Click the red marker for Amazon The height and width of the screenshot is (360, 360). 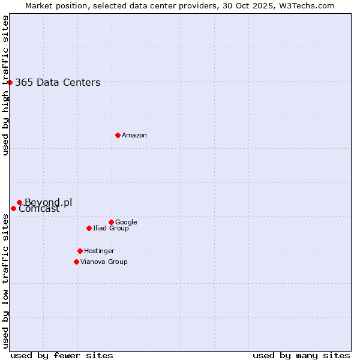click(x=118, y=135)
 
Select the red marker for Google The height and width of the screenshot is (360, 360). click(x=111, y=222)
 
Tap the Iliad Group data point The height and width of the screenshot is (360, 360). click(x=89, y=228)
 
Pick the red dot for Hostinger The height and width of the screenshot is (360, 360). click(x=80, y=251)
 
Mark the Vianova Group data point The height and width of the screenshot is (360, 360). click(x=76, y=262)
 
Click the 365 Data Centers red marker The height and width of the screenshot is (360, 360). click(x=10, y=82)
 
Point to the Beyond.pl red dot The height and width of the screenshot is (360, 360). click(x=19, y=202)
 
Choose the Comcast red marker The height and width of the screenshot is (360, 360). click(x=13, y=208)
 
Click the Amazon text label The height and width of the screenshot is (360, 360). click(x=134, y=135)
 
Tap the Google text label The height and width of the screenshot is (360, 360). click(x=126, y=222)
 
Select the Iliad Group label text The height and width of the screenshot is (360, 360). click(x=111, y=228)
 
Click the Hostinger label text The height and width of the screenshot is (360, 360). click(x=99, y=251)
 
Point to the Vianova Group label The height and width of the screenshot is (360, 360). click(x=104, y=262)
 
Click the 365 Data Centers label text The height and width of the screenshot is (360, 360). click(x=58, y=83)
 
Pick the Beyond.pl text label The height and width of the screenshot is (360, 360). click(x=48, y=202)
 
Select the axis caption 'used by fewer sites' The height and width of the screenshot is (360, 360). click(x=62, y=355)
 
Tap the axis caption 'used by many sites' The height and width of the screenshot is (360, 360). click(x=301, y=355)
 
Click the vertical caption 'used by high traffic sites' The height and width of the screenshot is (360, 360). click(x=5, y=85)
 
